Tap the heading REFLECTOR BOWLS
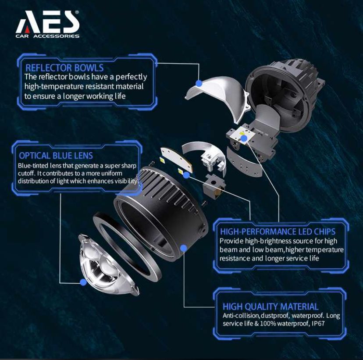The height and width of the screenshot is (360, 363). pyautogui.click(x=64, y=68)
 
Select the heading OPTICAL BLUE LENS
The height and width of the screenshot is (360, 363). pyautogui.click(x=56, y=156)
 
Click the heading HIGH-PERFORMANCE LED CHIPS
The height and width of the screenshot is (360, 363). pyautogui.click(x=278, y=231)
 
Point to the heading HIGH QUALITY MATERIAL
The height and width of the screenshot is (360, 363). pyautogui.click(x=270, y=307)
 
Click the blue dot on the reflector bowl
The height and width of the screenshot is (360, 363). pyautogui.click(x=199, y=83)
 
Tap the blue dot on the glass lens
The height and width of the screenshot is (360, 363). pyautogui.click(x=83, y=283)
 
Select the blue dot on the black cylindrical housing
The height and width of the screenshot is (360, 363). pyautogui.click(x=184, y=248)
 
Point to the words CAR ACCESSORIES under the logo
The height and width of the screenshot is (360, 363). pyautogui.click(x=47, y=36)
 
